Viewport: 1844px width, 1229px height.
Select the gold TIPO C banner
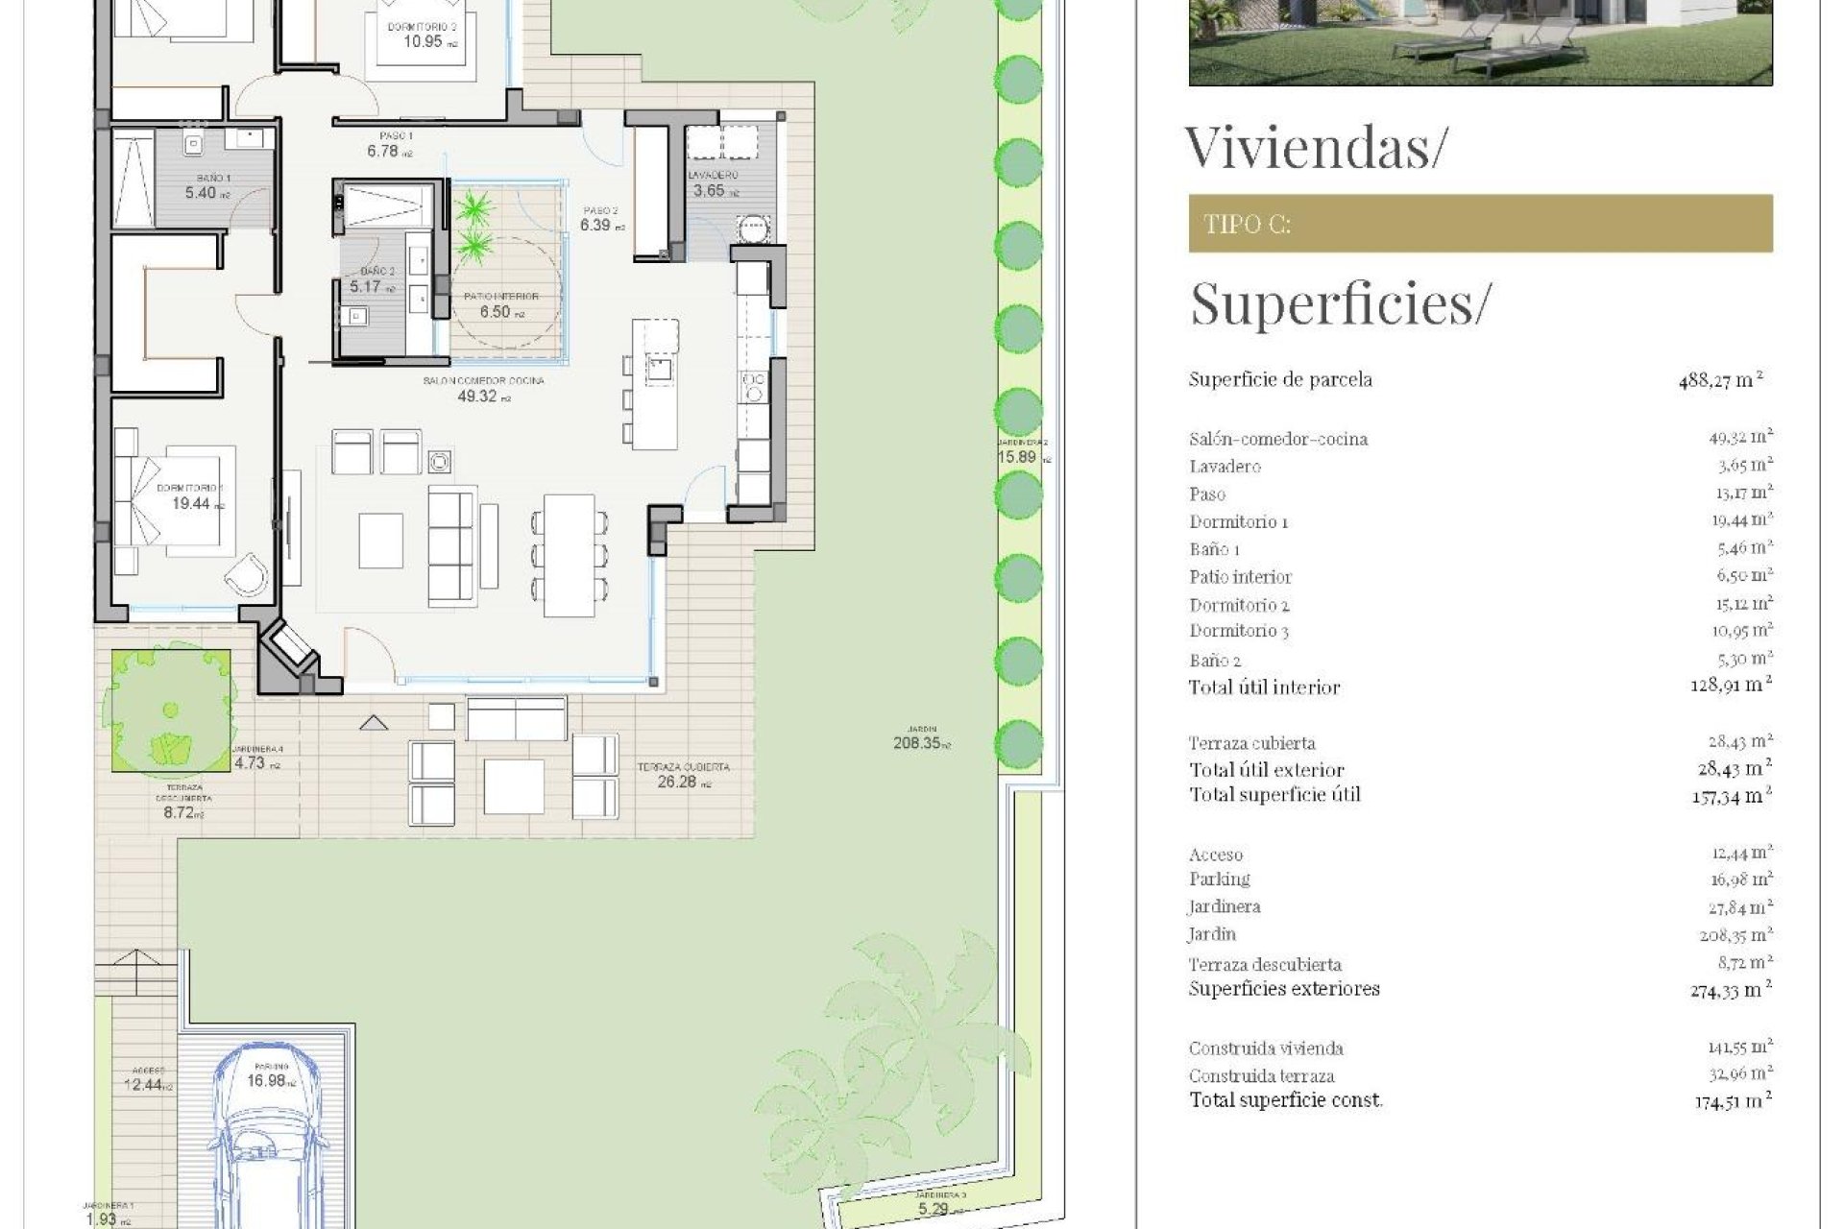(1480, 224)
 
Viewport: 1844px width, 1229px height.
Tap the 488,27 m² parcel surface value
(1720, 380)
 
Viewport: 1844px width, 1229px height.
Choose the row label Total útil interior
(1264, 687)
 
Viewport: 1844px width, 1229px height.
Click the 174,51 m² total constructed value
(1732, 1101)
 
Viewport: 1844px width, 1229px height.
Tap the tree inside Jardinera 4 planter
(171, 711)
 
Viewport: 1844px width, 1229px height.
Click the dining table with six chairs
(569, 556)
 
